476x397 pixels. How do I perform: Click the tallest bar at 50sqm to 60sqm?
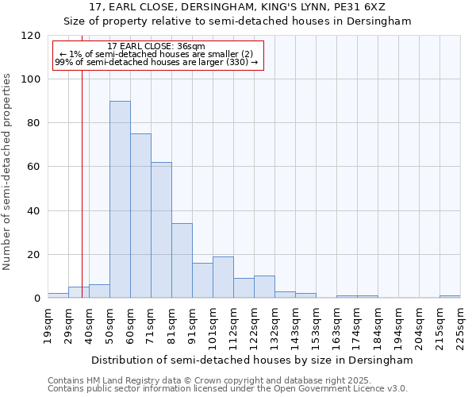pyautogui.click(x=120, y=199)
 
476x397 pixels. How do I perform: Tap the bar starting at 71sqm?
pyautogui.click(x=161, y=230)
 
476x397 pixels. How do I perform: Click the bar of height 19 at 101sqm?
pyautogui.click(x=223, y=277)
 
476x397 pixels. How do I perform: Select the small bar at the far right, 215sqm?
pyautogui.click(x=450, y=297)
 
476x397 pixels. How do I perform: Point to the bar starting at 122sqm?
pyautogui.click(x=264, y=287)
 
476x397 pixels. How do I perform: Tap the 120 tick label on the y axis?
pyautogui.click(x=31, y=36)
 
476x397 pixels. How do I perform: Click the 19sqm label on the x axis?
pyautogui.click(x=48, y=325)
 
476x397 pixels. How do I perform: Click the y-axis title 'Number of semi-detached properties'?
pyautogui.click(x=7, y=167)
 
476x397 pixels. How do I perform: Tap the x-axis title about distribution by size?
pyautogui.click(x=252, y=360)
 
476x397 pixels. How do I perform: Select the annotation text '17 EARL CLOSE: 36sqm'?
pyautogui.click(x=155, y=47)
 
